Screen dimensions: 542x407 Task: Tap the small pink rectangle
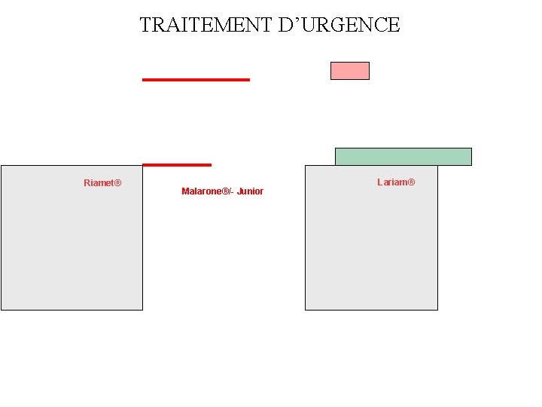click(x=350, y=71)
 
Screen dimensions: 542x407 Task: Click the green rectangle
click(x=403, y=156)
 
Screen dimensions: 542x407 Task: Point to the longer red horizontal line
click(x=196, y=79)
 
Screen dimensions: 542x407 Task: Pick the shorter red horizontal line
click(x=177, y=164)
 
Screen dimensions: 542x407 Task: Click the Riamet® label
click(x=102, y=183)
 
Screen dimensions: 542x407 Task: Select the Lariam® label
click(x=396, y=182)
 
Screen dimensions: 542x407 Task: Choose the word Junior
click(x=250, y=191)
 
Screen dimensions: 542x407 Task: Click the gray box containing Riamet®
click(x=72, y=249)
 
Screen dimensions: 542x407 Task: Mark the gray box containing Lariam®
click(x=371, y=249)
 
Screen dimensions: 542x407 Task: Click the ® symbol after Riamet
click(x=117, y=183)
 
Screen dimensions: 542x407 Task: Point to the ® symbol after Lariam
click(x=411, y=182)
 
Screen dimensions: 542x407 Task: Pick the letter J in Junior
click(x=239, y=191)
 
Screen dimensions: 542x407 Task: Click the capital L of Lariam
click(x=380, y=182)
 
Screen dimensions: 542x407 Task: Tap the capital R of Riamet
click(x=87, y=183)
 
